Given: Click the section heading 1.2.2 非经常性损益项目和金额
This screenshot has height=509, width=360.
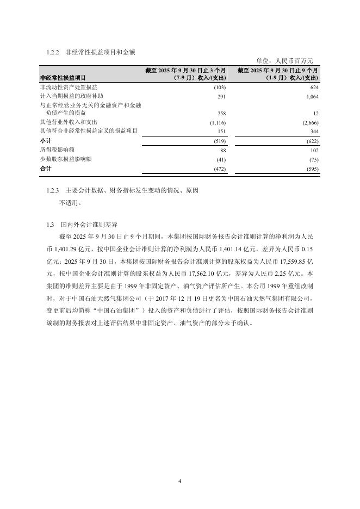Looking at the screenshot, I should (91, 52).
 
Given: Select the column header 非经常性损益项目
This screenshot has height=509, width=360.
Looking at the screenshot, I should (63, 78).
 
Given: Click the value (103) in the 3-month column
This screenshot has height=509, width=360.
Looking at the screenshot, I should (220, 88).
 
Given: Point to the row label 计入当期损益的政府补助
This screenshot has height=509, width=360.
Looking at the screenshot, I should (72, 96).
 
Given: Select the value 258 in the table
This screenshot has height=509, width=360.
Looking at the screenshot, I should (221, 113).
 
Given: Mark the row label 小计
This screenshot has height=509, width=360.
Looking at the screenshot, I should (46, 140).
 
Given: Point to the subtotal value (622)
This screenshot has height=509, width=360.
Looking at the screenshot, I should (312, 140).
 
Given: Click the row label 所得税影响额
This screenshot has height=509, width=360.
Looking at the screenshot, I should (57, 150).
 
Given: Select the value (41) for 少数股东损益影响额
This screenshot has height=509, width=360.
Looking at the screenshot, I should (220, 159).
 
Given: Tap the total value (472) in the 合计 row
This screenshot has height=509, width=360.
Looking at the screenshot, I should (219, 169).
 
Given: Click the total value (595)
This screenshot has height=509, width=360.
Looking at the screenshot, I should (312, 169).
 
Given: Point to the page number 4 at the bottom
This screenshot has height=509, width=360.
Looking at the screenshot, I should (179, 481).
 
